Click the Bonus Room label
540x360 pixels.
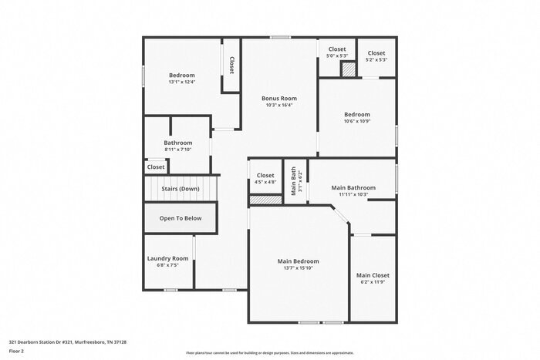pos(278,99)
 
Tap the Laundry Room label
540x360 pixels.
pos(167,258)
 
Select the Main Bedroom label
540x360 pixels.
pos(298,261)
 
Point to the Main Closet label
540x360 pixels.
pos(373,275)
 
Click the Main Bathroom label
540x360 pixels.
pos(353,187)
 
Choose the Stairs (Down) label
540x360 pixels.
pos(180,189)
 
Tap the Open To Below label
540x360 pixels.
pos(181,218)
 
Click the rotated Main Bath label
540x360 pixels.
pos(293,183)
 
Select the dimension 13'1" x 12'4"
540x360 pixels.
pos(182,82)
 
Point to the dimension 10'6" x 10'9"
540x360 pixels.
pos(356,121)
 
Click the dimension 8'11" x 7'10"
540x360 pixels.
pos(177,150)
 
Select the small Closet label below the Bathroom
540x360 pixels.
pos(156,167)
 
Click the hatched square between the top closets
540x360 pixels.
pos(349,69)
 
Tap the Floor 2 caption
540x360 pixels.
pos(17,351)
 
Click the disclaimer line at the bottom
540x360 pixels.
pos(269,352)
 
